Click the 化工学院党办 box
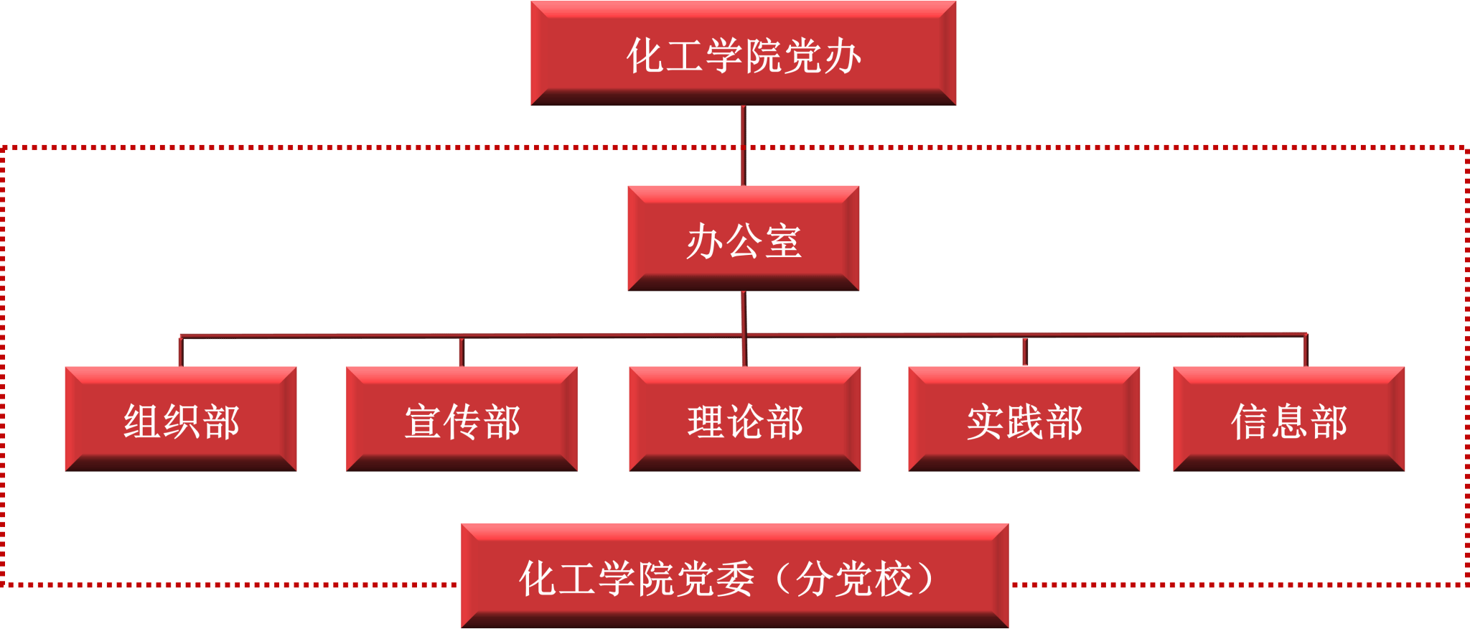click(743, 54)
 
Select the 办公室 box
click(743, 238)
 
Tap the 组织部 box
click(180, 419)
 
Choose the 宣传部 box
click(462, 419)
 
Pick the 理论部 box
click(744, 419)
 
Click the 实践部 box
click(1024, 419)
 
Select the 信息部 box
click(1288, 419)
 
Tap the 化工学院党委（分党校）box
click(734, 576)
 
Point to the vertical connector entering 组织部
click(180, 351)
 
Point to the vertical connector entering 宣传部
click(462, 352)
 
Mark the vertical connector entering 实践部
click(1024, 352)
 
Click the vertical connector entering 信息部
click(1306, 350)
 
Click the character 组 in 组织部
click(141, 421)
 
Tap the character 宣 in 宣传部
click(423, 421)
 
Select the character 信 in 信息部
click(1250, 421)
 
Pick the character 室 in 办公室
click(782, 241)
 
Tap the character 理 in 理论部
click(706, 421)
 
